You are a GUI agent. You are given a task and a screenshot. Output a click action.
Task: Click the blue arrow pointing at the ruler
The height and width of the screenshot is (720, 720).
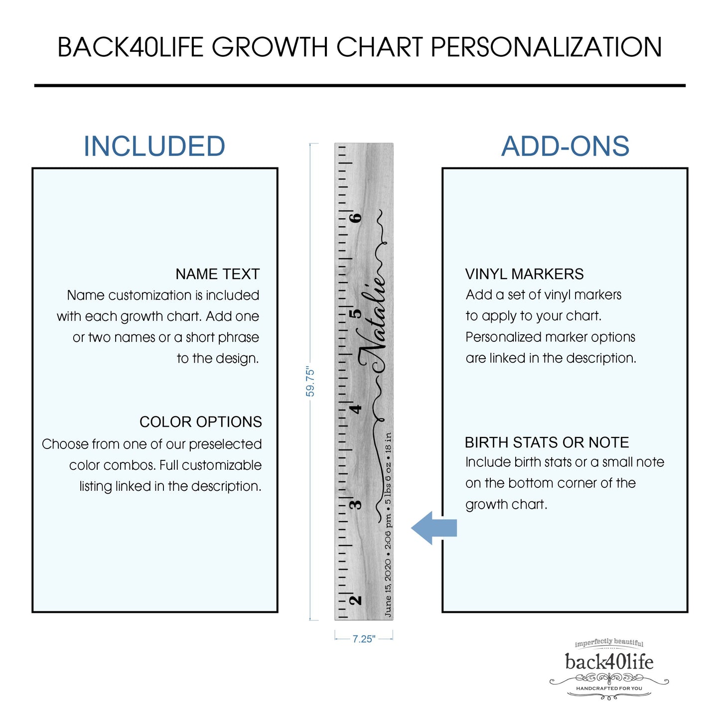click(433, 528)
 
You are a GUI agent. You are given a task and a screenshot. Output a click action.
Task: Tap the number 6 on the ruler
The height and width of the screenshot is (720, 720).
click(357, 218)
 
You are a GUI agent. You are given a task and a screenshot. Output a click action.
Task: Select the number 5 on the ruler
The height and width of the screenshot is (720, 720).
click(357, 313)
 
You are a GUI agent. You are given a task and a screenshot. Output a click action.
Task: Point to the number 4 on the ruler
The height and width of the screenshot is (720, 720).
click(357, 409)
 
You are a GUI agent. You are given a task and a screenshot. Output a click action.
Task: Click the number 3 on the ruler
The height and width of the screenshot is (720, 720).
click(356, 504)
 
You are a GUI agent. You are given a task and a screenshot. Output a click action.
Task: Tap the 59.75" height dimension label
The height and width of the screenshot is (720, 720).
click(310, 381)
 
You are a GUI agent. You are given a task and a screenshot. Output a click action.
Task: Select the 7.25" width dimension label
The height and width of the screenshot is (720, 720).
click(364, 639)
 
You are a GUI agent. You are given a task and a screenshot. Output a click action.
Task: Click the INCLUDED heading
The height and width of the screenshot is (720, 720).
click(154, 146)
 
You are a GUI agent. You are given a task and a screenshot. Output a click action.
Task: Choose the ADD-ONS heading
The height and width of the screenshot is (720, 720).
click(565, 146)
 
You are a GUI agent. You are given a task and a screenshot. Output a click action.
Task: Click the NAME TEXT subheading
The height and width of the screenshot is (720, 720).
click(217, 274)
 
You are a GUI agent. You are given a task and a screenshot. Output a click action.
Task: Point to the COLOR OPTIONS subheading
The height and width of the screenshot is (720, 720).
click(201, 422)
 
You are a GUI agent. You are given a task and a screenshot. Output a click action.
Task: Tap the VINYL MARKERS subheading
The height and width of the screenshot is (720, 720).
click(524, 274)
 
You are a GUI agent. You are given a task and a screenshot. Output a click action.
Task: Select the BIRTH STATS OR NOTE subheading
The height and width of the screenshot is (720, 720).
click(547, 442)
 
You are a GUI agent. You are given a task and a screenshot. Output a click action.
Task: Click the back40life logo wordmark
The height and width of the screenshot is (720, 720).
click(609, 672)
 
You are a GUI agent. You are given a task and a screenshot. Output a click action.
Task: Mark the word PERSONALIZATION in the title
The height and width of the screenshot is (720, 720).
click(546, 47)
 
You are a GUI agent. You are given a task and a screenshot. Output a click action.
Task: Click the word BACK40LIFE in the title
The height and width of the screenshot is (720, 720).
click(131, 47)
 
